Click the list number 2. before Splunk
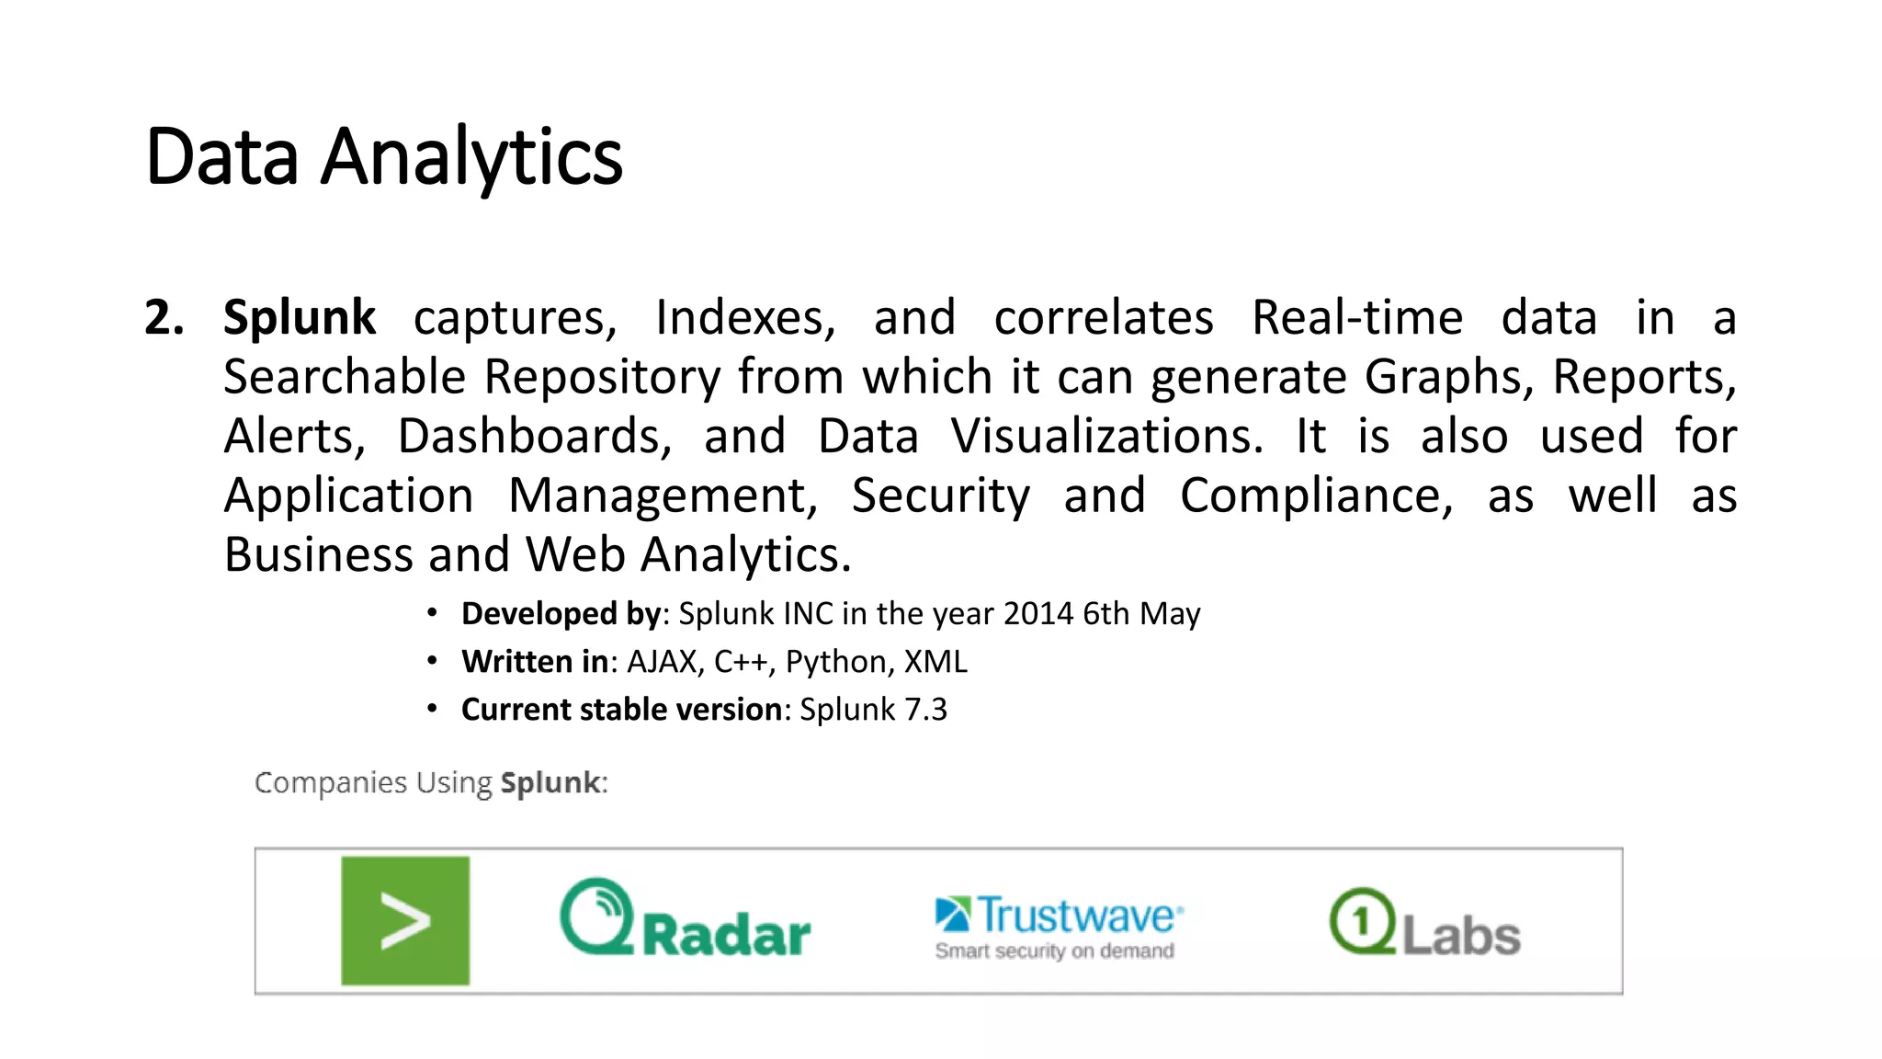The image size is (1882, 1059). click(x=164, y=318)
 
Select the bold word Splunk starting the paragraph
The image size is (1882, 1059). click(x=300, y=318)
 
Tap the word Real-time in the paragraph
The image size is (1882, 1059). click(x=1356, y=318)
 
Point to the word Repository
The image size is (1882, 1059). click(x=603, y=377)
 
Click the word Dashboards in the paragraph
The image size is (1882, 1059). click(x=534, y=436)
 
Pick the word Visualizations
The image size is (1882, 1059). click(x=1106, y=436)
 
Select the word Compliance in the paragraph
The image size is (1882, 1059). click(x=1316, y=495)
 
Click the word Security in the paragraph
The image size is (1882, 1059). click(x=940, y=496)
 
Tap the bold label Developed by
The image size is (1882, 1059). click(x=561, y=613)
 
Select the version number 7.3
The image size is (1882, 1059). click(x=925, y=710)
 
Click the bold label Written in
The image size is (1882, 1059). click(x=534, y=662)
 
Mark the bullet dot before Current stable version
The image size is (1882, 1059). click(x=432, y=709)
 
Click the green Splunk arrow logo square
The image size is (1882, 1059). click(x=405, y=921)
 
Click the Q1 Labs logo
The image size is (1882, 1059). click(x=1424, y=923)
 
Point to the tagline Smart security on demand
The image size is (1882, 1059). click(x=1054, y=951)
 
